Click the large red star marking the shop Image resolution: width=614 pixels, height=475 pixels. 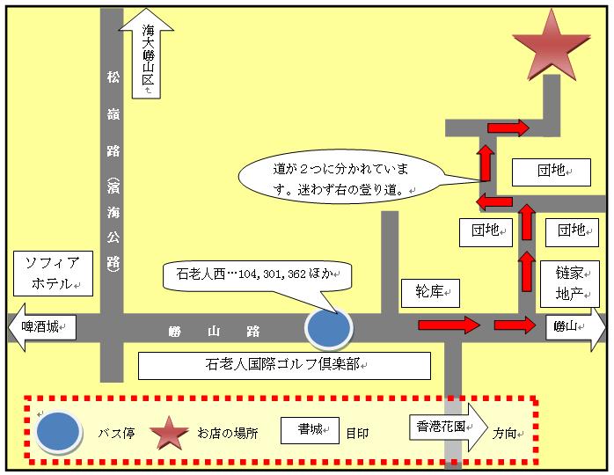[552, 47]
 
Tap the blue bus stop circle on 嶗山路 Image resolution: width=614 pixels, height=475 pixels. [329, 329]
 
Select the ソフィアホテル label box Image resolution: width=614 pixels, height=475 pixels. [54, 274]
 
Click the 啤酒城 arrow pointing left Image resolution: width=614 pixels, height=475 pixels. [42, 326]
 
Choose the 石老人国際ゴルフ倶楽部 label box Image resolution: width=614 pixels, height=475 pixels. [285, 366]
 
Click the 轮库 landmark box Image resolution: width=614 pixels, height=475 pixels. [430, 293]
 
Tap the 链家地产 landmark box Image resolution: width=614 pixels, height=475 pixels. [570, 284]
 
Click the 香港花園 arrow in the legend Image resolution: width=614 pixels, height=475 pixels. [449, 427]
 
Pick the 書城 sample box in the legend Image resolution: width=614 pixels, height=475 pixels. [311, 430]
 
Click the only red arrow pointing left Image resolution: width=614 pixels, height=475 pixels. [494, 201]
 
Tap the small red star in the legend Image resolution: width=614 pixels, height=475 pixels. [169, 433]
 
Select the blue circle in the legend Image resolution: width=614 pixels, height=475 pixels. [58, 432]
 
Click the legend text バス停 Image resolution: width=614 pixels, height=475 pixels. [116, 434]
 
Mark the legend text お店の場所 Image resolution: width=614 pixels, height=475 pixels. [228, 434]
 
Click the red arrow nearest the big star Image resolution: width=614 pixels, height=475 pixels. [508, 128]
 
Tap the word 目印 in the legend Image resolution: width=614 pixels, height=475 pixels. [357, 434]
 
